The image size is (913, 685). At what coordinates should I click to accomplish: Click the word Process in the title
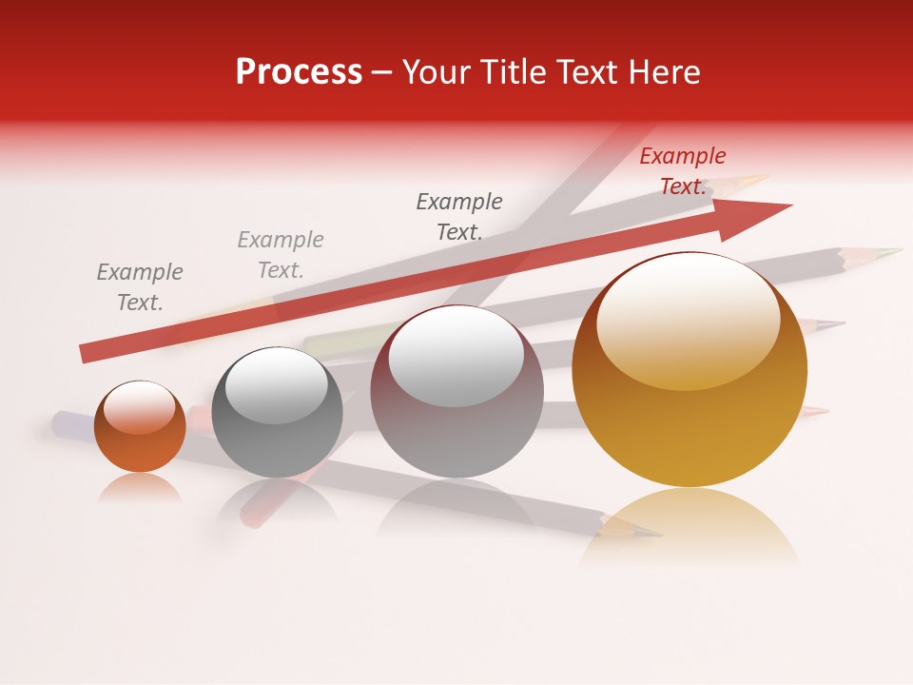click(x=299, y=72)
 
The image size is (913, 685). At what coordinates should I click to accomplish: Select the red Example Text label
click(x=682, y=171)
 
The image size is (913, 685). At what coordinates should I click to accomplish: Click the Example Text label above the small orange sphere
click(x=140, y=287)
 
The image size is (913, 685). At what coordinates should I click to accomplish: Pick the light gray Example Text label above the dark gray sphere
click(x=281, y=255)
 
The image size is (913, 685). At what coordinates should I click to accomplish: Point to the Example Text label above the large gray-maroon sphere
click(x=459, y=216)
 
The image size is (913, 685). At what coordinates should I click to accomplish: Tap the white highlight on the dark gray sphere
click(x=277, y=385)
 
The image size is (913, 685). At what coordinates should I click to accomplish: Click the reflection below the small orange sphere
click(x=140, y=489)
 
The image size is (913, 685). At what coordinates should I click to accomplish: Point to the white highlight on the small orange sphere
click(x=140, y=409)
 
